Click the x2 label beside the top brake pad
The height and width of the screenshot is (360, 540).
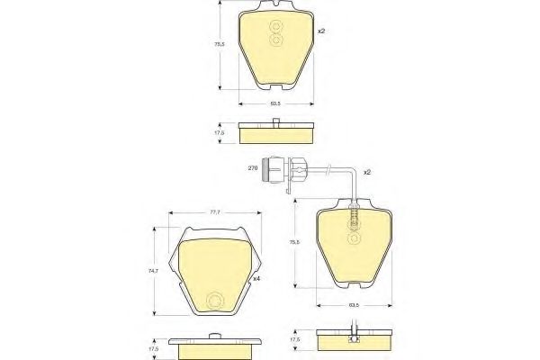click(x=320, y=31)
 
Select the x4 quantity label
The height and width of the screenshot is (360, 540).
click(x=257, y=278)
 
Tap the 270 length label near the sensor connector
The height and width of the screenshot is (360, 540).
click(x=253, y=168)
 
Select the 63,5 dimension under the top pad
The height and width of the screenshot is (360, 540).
click(x=275, y=103)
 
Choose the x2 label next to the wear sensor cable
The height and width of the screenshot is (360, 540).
click(x=367, y=171)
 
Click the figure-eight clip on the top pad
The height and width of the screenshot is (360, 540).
click(x=276, y=35)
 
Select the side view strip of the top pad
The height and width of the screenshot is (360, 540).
click(x=276, y=133)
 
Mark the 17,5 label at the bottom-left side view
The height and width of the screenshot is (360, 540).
click(x=154, y=347)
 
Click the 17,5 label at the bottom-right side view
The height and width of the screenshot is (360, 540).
click(x=296, y=341)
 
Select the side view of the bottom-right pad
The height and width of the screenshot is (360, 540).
click(x=354, y=340)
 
